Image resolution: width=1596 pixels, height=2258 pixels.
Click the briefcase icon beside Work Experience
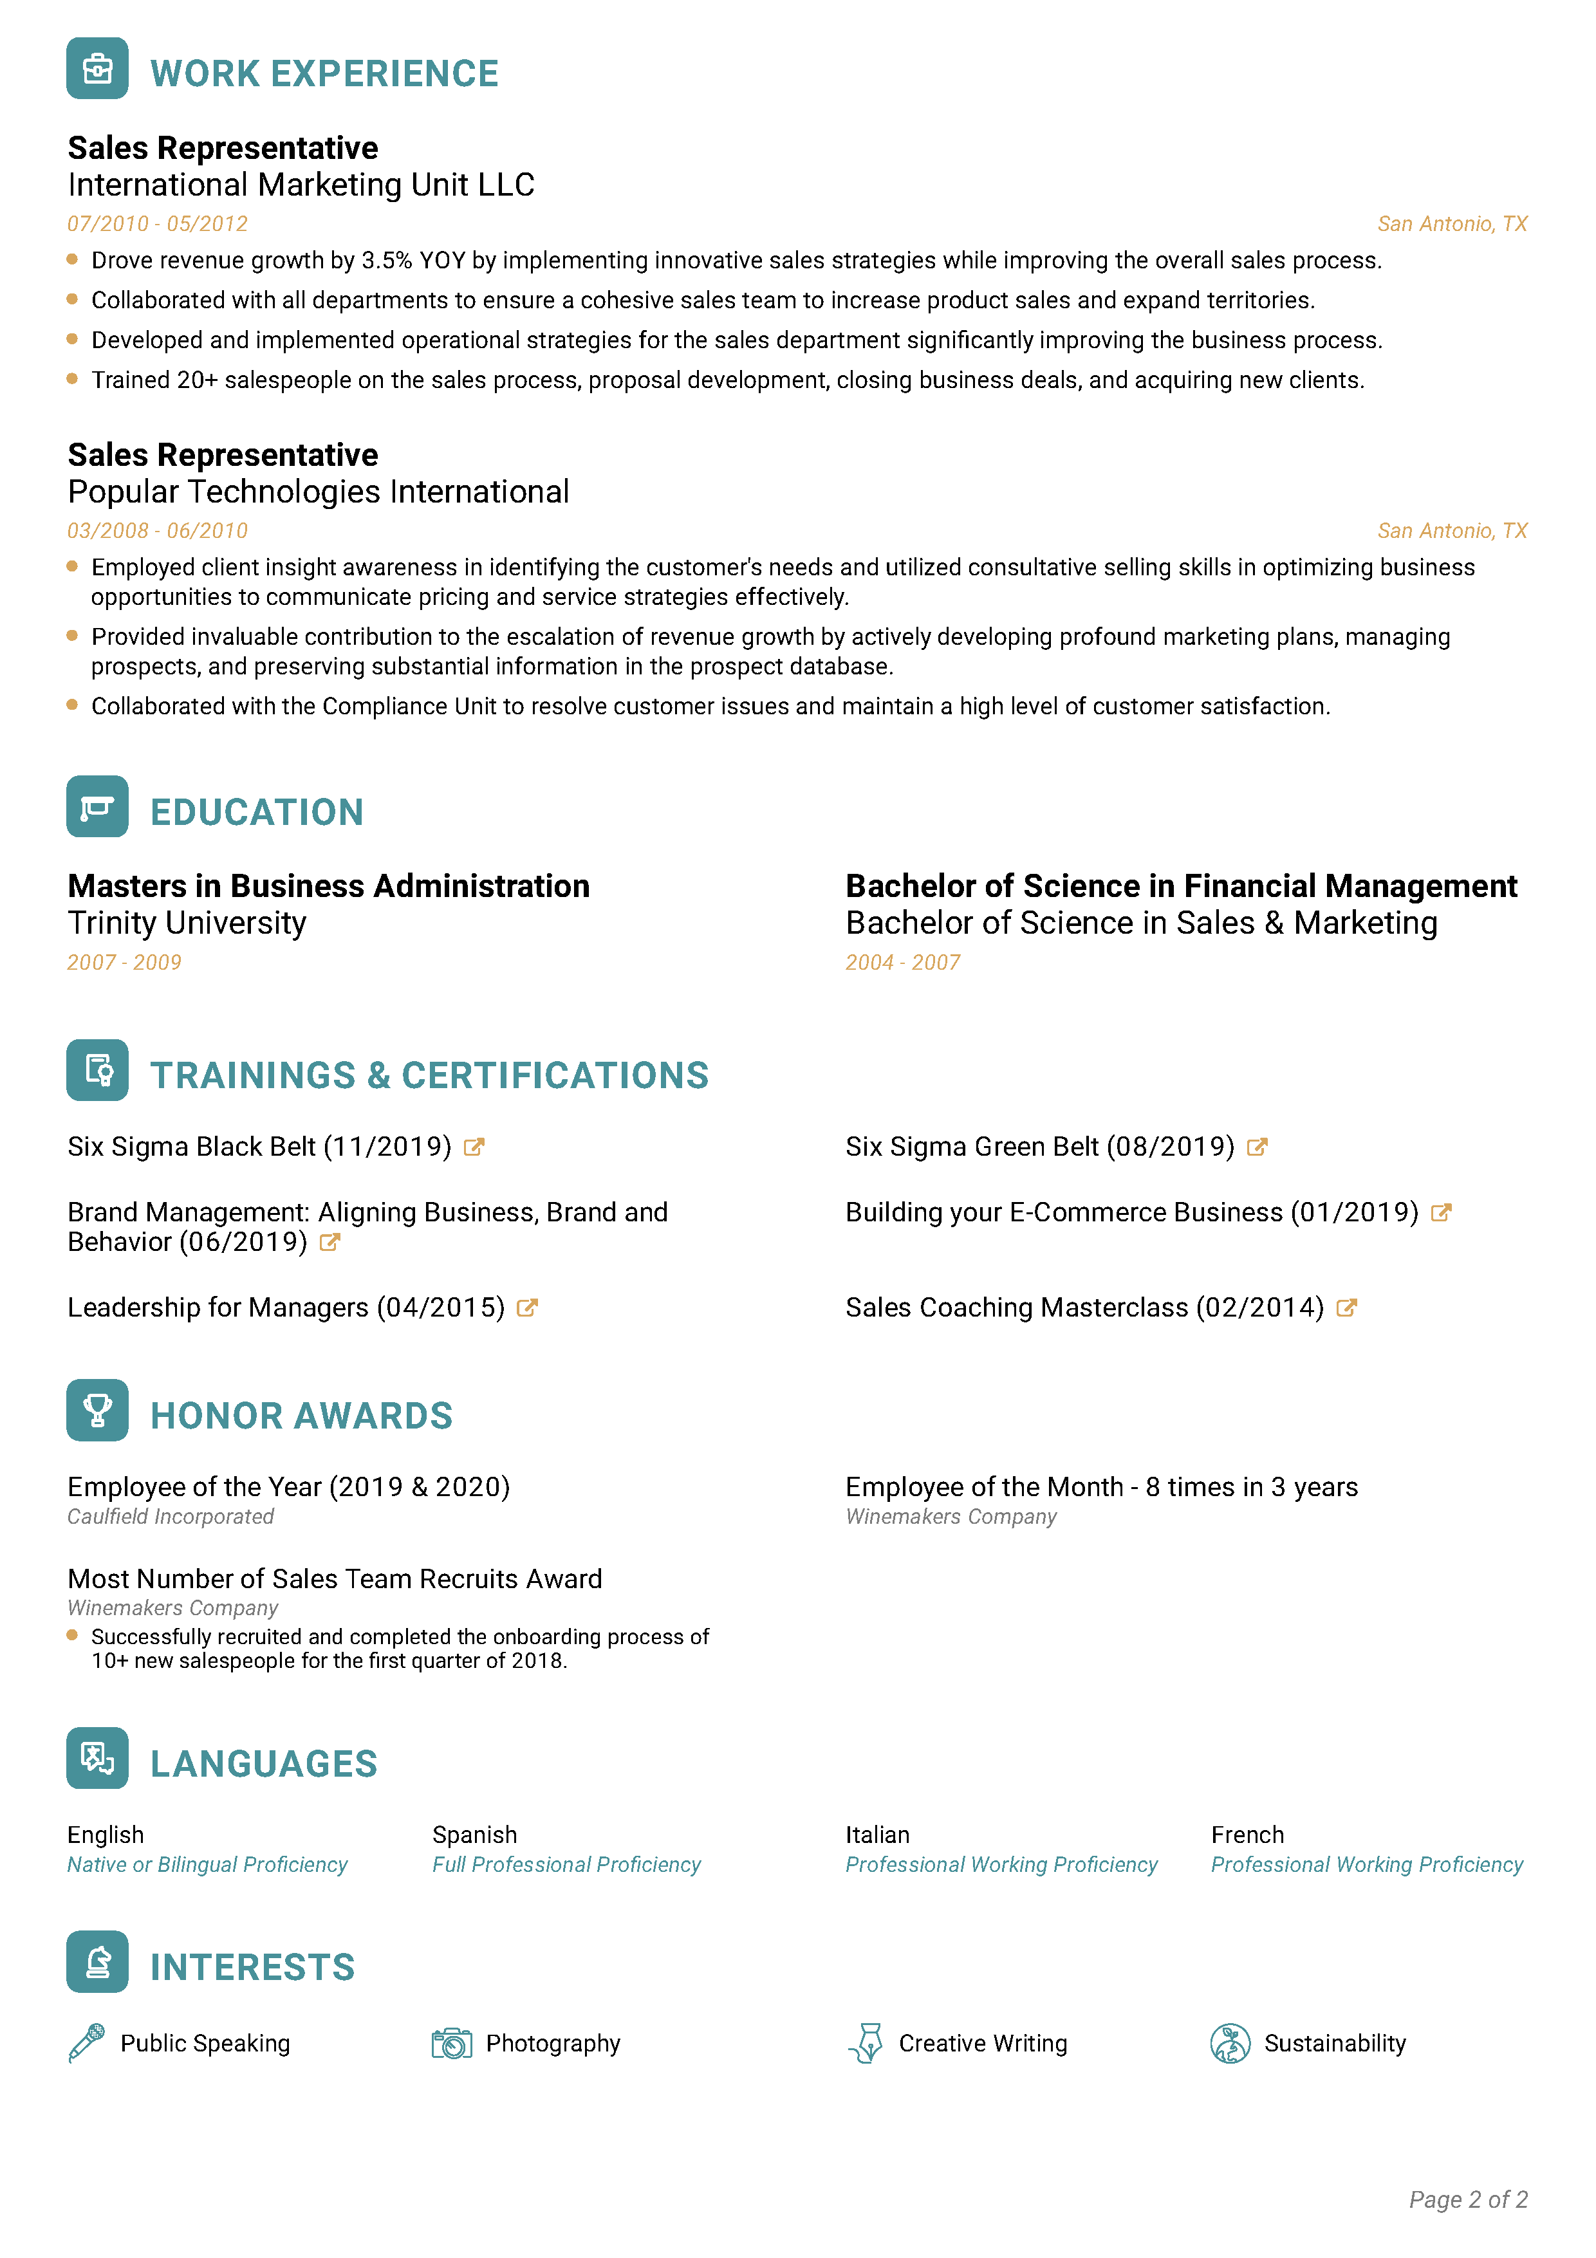[x=97, y=69]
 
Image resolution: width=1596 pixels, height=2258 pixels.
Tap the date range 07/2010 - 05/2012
[x=157, y=224]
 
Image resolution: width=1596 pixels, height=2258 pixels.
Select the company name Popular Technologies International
[x=318, y=492]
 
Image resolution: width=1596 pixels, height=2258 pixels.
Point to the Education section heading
[x=257, y=812]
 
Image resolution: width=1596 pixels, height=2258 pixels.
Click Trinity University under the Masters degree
[x=187, y=923]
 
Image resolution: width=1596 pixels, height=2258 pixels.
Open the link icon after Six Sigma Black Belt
[x=474, y=1147]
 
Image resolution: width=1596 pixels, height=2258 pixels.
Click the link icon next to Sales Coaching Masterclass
[x=1347, y=1308]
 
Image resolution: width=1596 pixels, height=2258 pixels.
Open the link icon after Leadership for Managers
[x=527, y=1308]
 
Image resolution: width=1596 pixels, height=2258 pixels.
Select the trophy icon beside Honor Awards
[x=97, y=1411]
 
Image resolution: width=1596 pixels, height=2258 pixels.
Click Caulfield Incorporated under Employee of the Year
[x=170, y=1517]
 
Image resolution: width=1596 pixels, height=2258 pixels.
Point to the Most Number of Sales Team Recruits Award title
[x=335, y=1578]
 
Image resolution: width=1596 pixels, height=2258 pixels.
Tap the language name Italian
[x=877, y=1835]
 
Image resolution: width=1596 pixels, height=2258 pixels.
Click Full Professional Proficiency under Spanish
[x=566, y=1865]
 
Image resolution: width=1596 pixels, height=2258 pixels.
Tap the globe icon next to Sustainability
[x=1230, y=2044]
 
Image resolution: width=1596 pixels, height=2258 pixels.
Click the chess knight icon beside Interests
[x=97, y=1962]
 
